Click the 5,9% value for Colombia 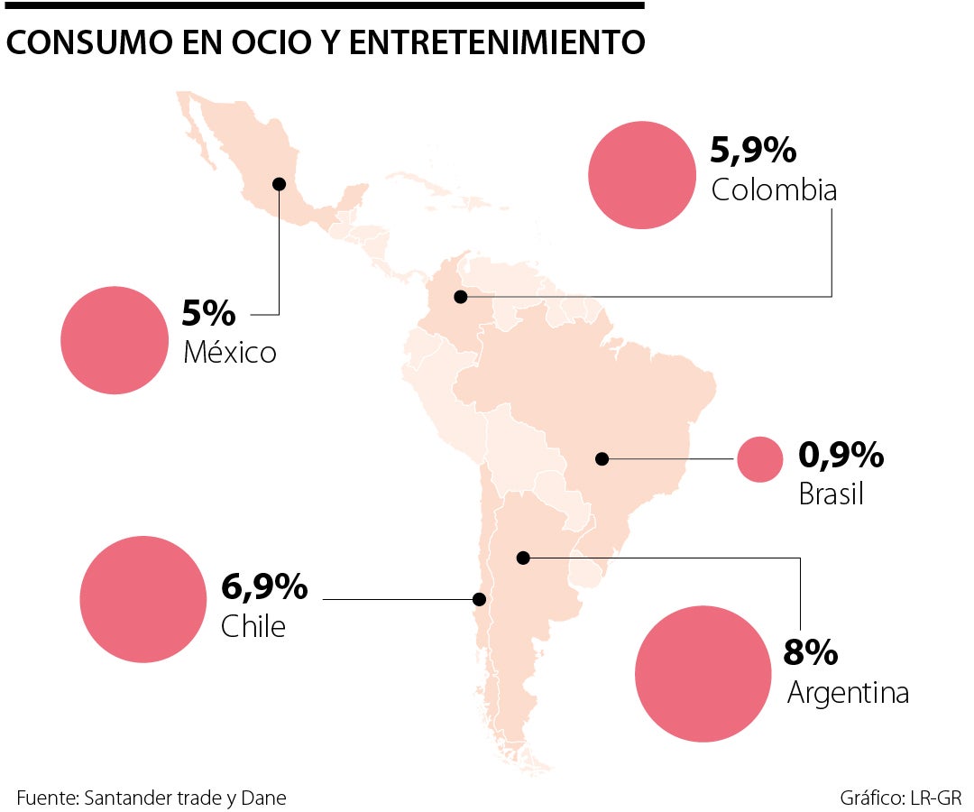tap(753, 150)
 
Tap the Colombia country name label tap(774, 190)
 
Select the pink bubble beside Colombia tap(642, 175)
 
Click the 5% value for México tap(208, 313)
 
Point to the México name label tap(229, 352)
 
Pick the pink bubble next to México tap(115, 340)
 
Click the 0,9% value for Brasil tap(841, 457)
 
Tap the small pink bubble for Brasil tap(759, 459)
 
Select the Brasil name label tap(831, 494)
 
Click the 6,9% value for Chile tap(264, 588)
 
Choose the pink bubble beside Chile tap(143, 598)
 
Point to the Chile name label tap(253, 626)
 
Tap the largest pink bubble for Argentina tap(702, 674)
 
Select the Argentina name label tap(848, 693)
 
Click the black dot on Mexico tap(279, 184)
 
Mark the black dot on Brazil tap(602, 459)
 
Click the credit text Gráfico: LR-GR tap(900, 798)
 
